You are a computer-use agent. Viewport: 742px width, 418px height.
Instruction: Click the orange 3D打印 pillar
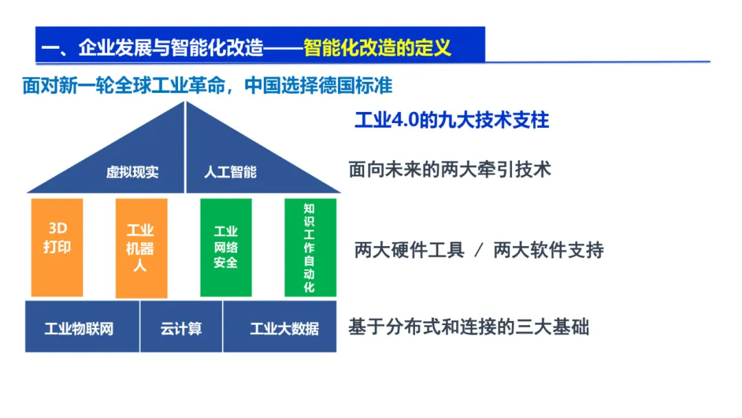click(x=57, y=247)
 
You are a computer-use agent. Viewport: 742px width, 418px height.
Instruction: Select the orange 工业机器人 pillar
click(x=141, y=247)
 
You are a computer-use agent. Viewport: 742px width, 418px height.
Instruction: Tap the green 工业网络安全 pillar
click(x=225, y=247)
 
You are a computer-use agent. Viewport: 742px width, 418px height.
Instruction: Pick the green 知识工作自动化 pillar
click(x=310, y=247)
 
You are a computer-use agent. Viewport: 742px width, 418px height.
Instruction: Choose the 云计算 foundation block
click(x=181, y=327)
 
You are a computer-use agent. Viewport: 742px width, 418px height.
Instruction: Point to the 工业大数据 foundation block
click(x=280, y=327)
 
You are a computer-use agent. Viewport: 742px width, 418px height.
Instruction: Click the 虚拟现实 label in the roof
click(x=132, y=172)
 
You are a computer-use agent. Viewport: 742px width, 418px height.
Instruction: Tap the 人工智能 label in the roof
click(x=230, y=172)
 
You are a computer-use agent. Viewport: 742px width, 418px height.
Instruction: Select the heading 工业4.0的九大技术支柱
click(x=451, y=120)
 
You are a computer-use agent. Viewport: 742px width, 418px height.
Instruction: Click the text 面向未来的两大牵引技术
click(x=450, y=169)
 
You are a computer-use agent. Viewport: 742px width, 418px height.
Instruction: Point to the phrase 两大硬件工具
click(x=409, y=250)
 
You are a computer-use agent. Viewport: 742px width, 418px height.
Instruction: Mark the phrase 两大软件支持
click(x=548, y=250)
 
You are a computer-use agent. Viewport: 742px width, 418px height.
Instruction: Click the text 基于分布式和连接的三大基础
click(x=469, y=327)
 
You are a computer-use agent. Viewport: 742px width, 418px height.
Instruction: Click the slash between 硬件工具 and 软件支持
click(x=479, y=250)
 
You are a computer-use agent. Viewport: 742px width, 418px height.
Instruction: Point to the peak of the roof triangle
click(x=185, y=103)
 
